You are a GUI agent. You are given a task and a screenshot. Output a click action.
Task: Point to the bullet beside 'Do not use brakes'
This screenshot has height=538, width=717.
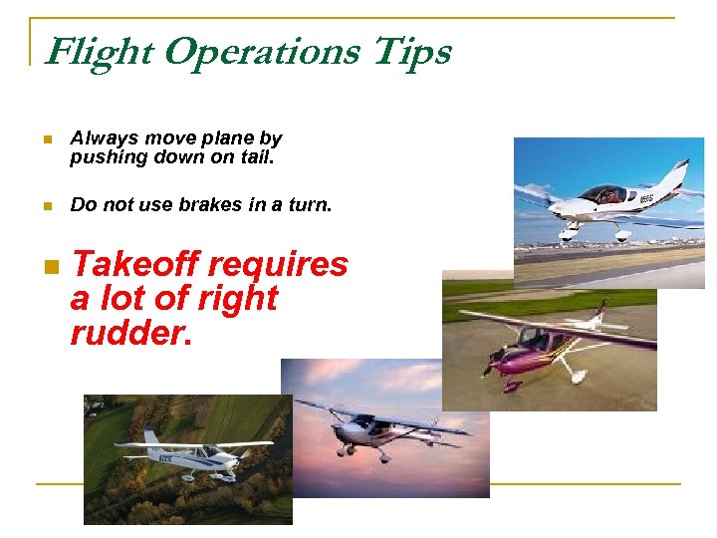click(47, 206)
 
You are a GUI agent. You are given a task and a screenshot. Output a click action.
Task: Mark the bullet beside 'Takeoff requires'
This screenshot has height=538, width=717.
click(49, 266)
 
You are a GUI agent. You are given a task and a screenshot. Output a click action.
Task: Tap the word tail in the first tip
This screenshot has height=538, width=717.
click(254, 157)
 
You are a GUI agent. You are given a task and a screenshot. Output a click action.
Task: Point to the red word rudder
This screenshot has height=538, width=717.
click(127, 334)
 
